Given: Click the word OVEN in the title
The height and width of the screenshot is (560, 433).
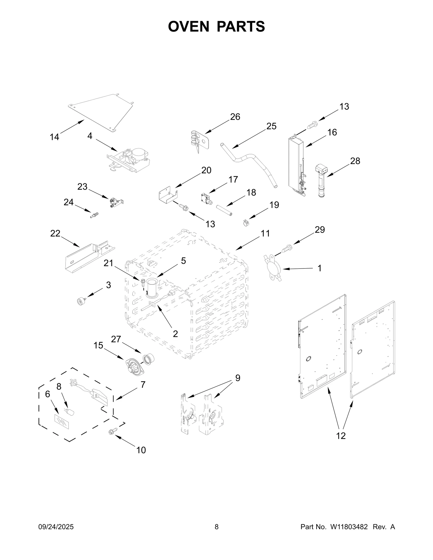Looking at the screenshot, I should (189, 26).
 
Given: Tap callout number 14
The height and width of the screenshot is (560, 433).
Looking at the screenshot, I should (54, 137).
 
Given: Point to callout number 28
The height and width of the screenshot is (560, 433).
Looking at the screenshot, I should (355, 161).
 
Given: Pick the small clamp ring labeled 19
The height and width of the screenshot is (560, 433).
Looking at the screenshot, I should (245, 223).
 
